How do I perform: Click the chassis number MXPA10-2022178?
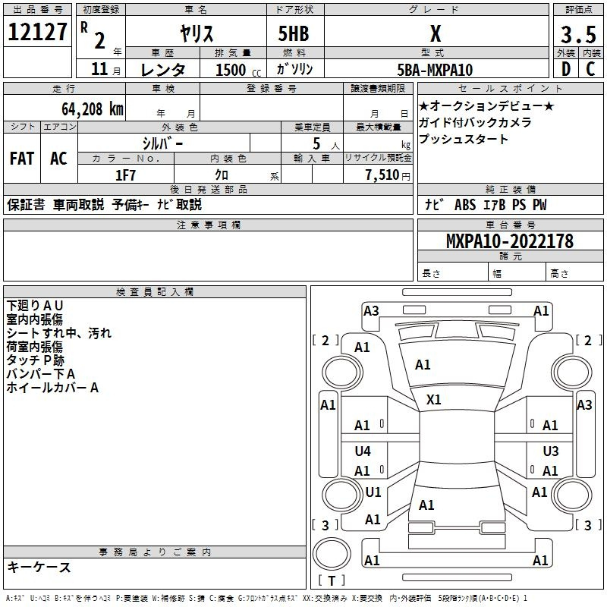(509, 241)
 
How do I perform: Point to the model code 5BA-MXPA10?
(435, 70)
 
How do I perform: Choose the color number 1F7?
(125, 175)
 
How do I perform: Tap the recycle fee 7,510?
(382, 175)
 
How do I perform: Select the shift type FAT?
(22, 159)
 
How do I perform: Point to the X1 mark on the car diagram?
(434, 399)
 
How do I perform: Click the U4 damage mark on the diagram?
(363, 451)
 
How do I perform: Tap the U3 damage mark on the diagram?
(551, 451)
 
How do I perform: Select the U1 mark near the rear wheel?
(373, 492)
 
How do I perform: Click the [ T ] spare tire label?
(331, 581)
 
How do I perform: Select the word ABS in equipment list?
(464, 205)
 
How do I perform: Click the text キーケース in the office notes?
(39, 567)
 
